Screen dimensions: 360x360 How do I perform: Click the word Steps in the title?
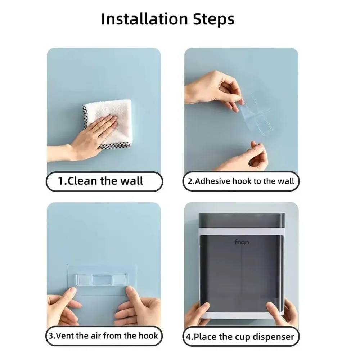(x=213, y=19)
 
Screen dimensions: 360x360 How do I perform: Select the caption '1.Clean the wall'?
(x=100, y=181)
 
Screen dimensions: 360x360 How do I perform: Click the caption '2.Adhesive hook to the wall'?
(x=241, y=181)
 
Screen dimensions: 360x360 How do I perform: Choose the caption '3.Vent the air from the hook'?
(x=103, y=336)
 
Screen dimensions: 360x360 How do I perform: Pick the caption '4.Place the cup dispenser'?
(x=240, y=337)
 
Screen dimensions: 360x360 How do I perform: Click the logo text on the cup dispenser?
(x=242, y=242)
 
